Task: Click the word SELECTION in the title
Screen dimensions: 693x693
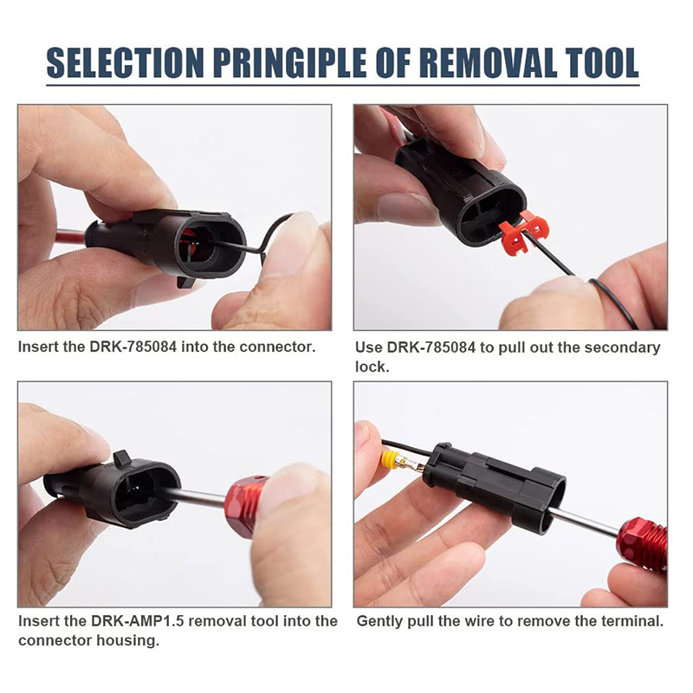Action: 125,62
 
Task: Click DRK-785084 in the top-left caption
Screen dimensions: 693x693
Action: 133,347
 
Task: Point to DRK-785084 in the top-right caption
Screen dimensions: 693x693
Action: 431,348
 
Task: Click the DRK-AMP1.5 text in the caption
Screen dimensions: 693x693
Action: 138,621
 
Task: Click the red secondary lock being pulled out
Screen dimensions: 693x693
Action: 523,233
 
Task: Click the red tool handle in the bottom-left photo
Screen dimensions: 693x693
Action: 244,499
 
